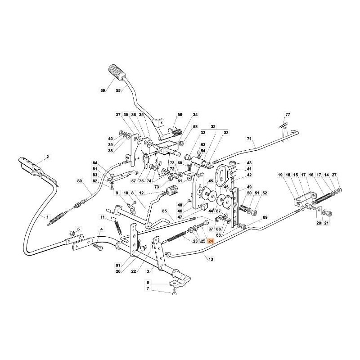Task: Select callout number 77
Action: [288, 115]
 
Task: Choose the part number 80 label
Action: [80, 181]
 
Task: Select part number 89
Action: [265, 217]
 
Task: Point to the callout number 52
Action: [265, 193]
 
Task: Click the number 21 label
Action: [327, 223]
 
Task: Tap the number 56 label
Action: [180, 115]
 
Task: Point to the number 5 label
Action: [77, 229]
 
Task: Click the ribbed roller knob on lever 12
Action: [171, 192]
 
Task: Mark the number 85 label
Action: [165, 211]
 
